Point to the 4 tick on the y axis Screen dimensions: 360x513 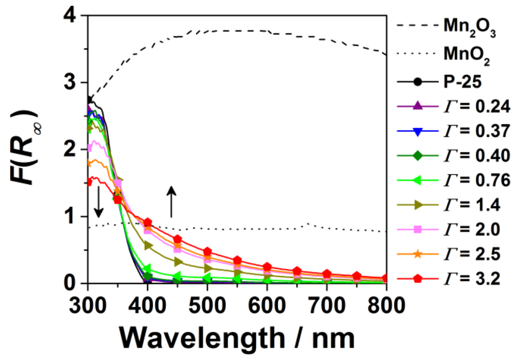[x=74, y=16]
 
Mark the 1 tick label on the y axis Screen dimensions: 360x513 [x=74, y=216]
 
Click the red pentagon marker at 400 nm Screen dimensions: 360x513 [x=148, y=223]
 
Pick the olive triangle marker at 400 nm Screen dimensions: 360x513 [x=148, y=246]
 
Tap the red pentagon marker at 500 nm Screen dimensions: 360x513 [x=207, y=252]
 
